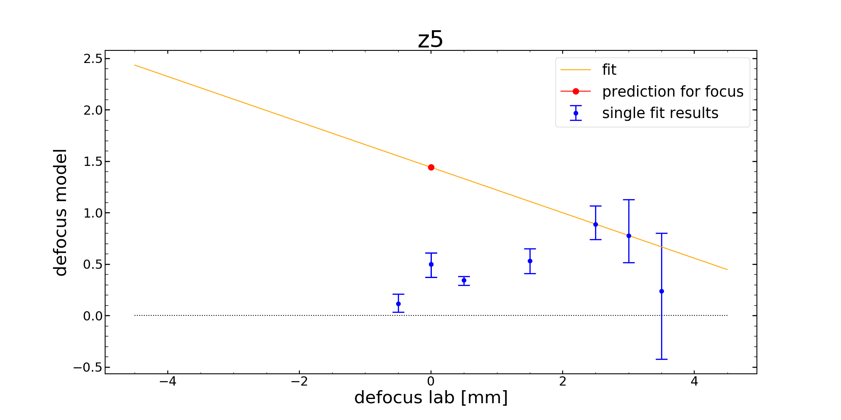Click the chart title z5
pyautogui.click(x=430, y=39)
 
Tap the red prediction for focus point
pyautogui.click(x=431, y=167)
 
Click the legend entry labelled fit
pyautogui.click(x=609, y=70)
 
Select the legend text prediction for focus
pyautogui.click(x=672, y=92)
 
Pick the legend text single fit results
pyautogui.click(x=660, y=113)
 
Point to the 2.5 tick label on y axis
pyautogui.click(x=93, y=58)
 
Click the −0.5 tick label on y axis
pyautogui.click(x=88, y=367)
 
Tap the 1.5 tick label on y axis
pyautogui.click(x=93, y=162)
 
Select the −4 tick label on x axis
pyautogui.click(x=167, y=381)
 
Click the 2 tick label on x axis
pyautogui.click(x=563, y=381)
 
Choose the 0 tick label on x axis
pyautogui.click(x=431, y=381)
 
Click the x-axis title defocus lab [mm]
pyautogui.click(x=431, y=397)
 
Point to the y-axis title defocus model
pyautogui.click(x=61, y=212)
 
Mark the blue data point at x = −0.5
pyautogui.click(x=398, y=304)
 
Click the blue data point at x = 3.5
pyautogui.click(x=661, y=291)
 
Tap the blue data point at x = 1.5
pyautogui.click(x=530, y=261)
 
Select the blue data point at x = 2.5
pyautogui.click(x=595, y=224)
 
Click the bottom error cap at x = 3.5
pyautogui.click(x=661, y=359)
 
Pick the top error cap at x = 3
pyautogui.click(x=629, y=200)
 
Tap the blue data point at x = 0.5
pyautogui.click(x=464, y=280)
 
